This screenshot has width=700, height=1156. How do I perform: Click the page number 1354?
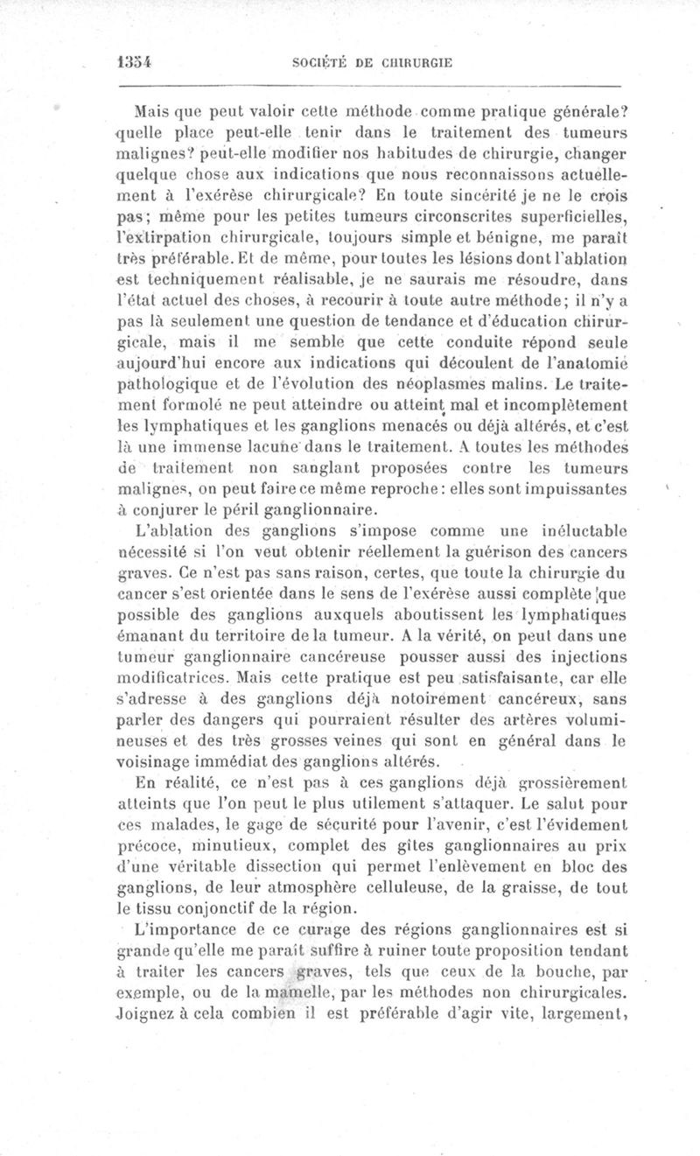134,62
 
